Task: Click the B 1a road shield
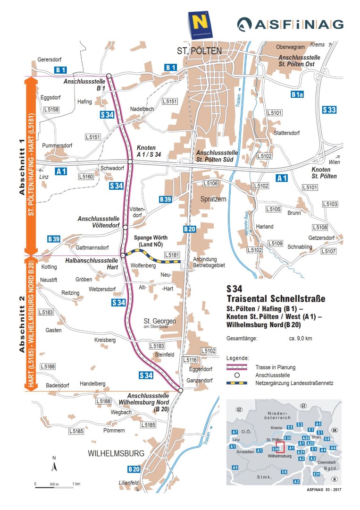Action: (297, 94)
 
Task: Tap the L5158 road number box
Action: (51, 110)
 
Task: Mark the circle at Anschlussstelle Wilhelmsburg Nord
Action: (180, 390)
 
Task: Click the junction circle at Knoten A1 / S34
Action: (130, 162)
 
